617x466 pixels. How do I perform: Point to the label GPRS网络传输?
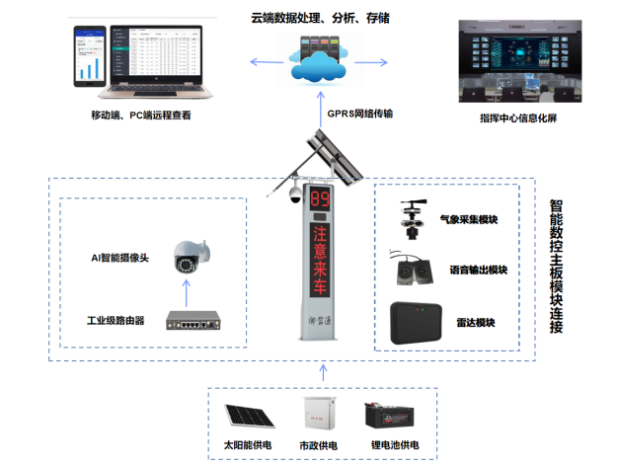pos(360,114)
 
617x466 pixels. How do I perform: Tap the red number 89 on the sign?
pos(322,200)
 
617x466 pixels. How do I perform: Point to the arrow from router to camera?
pos(187,291)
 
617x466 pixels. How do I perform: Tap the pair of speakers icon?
pos(415,271)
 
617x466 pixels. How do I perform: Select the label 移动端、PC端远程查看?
pos(142,116)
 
